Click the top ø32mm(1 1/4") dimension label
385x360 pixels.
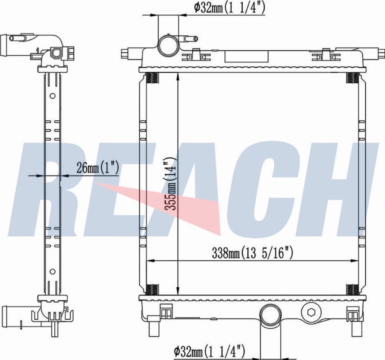coord(229,8)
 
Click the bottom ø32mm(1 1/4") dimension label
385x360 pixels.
coord(209,351)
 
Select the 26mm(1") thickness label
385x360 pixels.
coord(98,168)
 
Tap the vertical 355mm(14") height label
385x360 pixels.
coord(171,183)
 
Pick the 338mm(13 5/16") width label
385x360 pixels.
coord(253,253)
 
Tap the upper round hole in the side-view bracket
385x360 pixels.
coord(52,96)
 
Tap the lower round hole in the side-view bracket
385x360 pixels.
coord(52,271)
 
